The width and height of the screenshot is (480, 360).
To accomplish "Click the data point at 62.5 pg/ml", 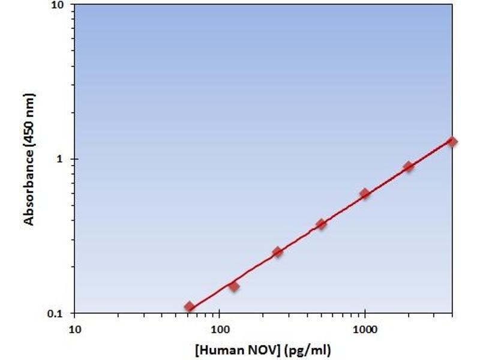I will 190,307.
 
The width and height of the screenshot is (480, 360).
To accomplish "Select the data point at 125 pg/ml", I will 234,286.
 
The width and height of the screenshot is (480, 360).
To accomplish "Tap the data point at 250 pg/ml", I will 277,252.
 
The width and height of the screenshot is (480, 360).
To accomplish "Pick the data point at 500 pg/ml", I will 321,224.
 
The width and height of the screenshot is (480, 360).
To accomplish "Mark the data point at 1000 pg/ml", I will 365,193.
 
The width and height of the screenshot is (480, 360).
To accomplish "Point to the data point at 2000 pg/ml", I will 409,166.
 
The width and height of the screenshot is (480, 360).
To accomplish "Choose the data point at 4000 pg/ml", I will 452,142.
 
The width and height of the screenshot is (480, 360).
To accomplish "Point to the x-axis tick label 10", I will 74,329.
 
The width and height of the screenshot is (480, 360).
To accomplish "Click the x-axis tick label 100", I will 220,329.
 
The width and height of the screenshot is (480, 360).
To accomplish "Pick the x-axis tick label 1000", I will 365,329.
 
